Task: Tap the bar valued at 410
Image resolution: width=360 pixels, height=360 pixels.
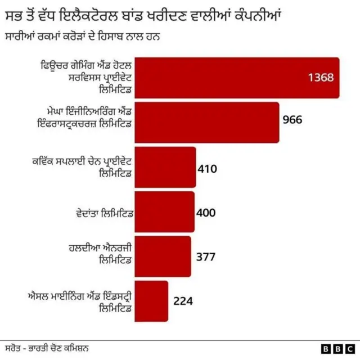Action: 166,167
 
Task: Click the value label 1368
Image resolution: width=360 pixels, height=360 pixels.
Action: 321,78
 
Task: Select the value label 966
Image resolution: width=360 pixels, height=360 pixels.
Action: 292,120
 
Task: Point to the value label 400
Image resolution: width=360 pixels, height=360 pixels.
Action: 206,213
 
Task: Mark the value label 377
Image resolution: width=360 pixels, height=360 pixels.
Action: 205,257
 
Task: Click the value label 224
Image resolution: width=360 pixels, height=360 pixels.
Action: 183,301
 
